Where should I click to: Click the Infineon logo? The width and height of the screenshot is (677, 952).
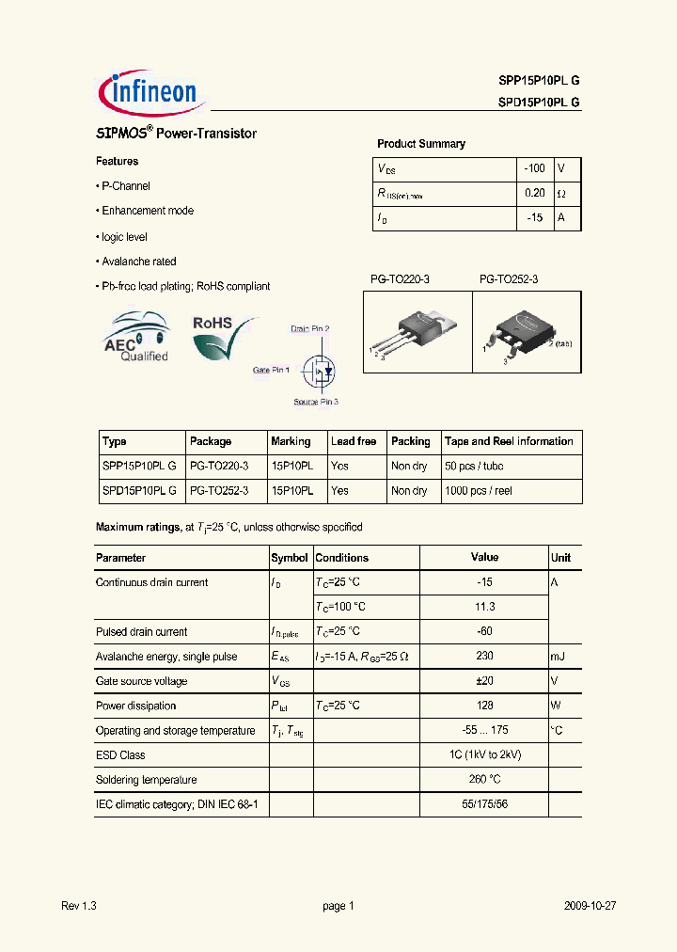[148, 91]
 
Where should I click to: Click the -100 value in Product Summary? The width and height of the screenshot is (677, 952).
[534, 168]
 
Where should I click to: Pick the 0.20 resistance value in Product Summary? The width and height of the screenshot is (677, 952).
[534, 194]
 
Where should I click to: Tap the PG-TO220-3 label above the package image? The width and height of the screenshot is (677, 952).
[400, 279]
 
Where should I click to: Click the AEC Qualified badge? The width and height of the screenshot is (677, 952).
[136, 340]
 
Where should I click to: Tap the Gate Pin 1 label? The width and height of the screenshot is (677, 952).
[271, 371]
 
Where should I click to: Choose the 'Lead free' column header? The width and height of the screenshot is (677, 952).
[354, 441]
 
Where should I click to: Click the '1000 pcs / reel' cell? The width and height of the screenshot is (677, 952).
[479, 491]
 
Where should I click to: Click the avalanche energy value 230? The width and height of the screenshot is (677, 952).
[484, 657]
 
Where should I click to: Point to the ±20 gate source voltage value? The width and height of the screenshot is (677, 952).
[484, 681]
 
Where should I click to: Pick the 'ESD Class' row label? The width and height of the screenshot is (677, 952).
[120, 755]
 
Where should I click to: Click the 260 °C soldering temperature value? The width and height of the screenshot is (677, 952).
[484, 780]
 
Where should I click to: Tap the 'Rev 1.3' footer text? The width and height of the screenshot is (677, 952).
[79, 906]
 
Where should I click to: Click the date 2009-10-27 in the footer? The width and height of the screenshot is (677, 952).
[590, 906]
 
